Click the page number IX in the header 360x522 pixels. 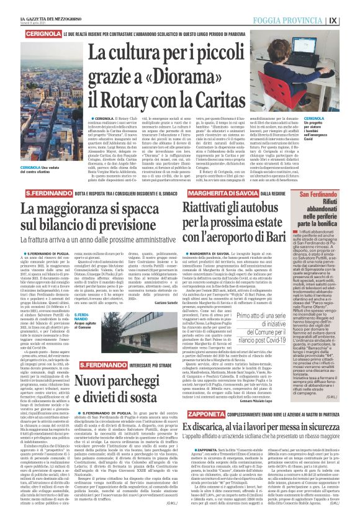pyautogui.click(x=351, y=19)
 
